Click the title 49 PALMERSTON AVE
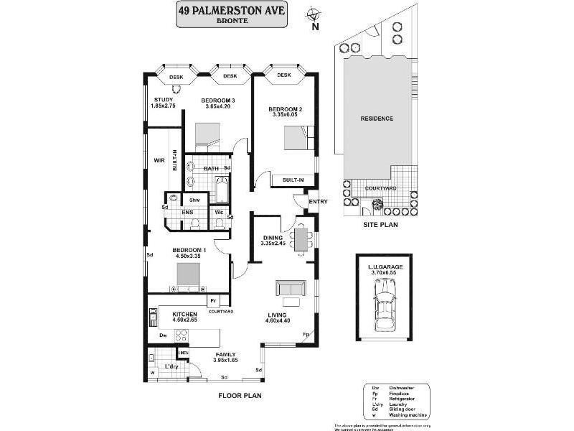(x=232, y=10)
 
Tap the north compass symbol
(x=314, y=14)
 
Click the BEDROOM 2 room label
(x=286, y=109)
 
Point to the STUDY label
(x=163, y=100)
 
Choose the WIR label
(x=159, y=162)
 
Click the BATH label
(x=211, y=169)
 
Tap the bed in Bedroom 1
(x=188, y=276)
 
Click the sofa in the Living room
(x=290, y=289)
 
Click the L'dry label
(x=171, y=367)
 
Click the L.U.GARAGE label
(x=385, y=267)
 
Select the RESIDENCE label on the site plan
(x=376, y=119)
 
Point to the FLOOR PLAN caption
(x=240, y=395)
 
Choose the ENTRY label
(x=318, y=202)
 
